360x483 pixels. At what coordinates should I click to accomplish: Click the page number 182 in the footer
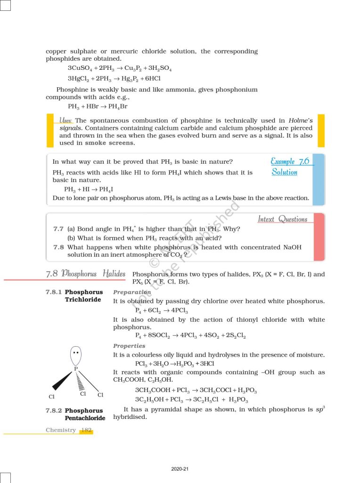pos(87,430)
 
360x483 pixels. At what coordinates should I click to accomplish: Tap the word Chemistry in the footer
pos(61,430)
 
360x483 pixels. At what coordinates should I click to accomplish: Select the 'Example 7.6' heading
pos(290,161)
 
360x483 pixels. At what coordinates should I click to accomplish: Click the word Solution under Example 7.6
pos(285,172)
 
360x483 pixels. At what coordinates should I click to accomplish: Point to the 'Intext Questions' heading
pos(282,219)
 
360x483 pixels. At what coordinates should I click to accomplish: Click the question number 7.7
pos(58,229)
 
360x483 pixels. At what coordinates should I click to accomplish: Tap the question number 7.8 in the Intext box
pos(58,247)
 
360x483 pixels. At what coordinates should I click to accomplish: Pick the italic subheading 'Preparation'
pos(132,292)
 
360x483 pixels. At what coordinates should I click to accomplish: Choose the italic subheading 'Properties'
pos(129,346)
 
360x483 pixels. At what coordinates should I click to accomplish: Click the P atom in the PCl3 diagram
pos(75,368)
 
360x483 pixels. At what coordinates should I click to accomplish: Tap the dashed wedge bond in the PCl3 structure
pos(79,380)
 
